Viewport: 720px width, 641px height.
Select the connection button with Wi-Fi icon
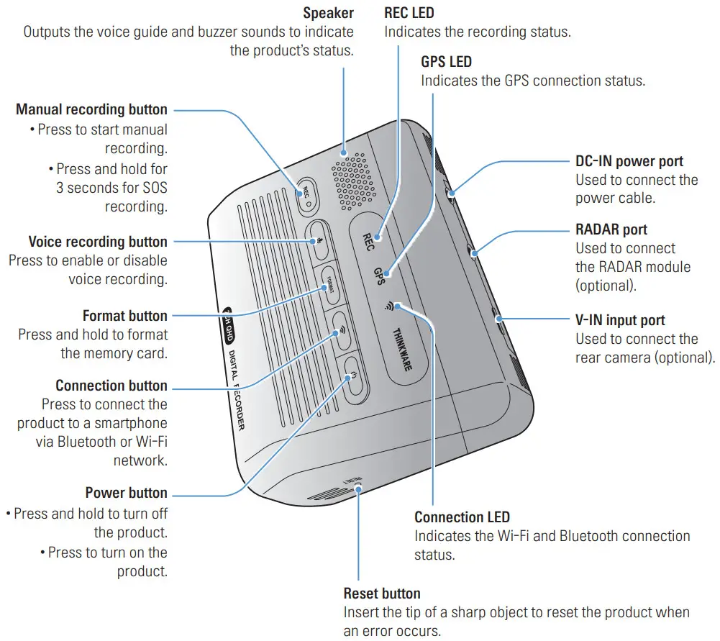340,332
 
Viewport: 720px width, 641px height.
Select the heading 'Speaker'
328,13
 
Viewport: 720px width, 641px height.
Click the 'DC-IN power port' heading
629,161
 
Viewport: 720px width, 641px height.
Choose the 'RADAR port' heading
611,229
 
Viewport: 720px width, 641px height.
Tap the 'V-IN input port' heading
620,320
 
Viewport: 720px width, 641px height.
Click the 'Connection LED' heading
462,517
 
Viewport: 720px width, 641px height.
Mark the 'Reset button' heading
382,594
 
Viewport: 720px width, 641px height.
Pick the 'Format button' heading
124,316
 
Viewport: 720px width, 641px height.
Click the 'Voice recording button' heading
98,242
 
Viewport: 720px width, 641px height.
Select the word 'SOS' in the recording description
153,188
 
